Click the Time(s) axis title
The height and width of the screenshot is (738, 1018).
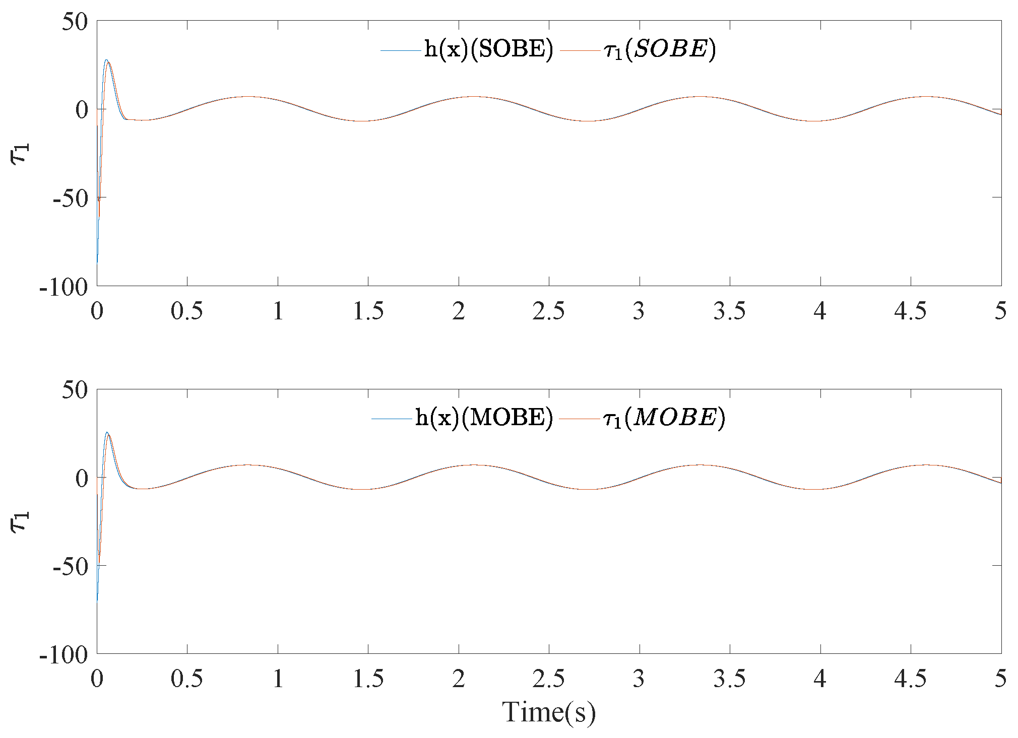549,712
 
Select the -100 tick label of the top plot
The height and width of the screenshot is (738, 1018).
64,287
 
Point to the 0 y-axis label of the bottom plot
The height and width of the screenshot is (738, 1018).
81,478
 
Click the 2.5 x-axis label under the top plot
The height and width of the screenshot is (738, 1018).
549,311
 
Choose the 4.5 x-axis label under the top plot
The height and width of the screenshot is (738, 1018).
910,311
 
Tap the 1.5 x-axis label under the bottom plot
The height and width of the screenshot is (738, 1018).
368,679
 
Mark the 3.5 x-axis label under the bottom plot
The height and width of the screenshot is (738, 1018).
729,679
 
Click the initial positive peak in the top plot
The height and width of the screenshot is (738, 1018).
106,60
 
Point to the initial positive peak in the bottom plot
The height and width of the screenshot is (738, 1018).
107,432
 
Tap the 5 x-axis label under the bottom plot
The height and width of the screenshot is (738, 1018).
1000,679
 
